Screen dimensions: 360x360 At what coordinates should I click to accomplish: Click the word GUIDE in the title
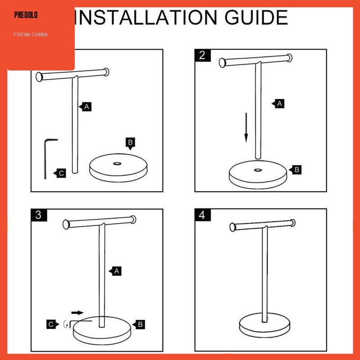pyautogui.click(x=256, y=18)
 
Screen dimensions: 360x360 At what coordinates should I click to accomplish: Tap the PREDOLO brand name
pyautogui.click(x=26, y=15)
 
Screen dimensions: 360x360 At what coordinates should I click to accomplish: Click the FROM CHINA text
pyautogui.click(x=31, y=35)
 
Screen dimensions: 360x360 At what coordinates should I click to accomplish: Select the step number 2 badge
pyautogui.click(x=202, y=55)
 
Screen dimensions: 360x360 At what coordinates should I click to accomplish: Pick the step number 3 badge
pyautogui.click(x=39, y=215)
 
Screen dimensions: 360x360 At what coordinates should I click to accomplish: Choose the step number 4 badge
pyautogui.click(x=202, y=215)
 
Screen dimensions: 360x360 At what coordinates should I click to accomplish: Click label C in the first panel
pyautogui.click(x=60, y=173)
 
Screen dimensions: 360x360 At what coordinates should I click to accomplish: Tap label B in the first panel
pyautogui.click(x=130, y=144)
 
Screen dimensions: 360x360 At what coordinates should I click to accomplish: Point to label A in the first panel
pyautogui.click(x=85, y=107)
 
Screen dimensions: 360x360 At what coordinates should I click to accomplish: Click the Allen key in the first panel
pyautogui.click(x=45, y=158)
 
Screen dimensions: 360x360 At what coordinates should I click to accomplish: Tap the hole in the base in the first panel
pyautogui.click(x=117, y=164)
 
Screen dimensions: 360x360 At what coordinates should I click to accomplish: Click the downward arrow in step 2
pyautogui.click(x=246, y=127)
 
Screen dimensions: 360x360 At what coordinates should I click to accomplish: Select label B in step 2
pyautogui.click(x=295, y=170)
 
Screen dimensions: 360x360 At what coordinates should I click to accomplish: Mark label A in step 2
pyautogui.click(x=278, y=103)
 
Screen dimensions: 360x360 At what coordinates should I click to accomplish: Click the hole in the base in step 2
pyautogui.click(x=257, y=170)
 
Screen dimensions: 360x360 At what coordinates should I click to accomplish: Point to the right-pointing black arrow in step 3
pyautogui.click(x=77, y=312)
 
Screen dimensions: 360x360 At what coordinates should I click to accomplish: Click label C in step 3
pyautogui.click(x=53, y=324)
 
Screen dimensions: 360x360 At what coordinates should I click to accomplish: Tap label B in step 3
pyautogui.click(x=139, y=324)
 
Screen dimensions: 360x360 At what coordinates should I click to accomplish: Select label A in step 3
pyautogui.click(x=115, y=271)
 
